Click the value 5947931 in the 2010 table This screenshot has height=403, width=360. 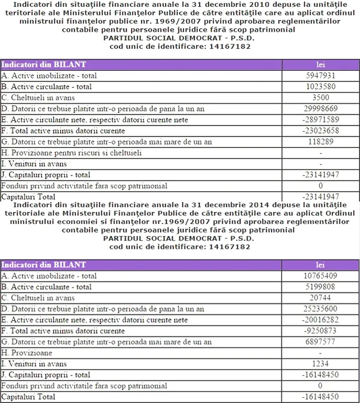(320, 75)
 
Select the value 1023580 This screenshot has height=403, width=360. (320, 86)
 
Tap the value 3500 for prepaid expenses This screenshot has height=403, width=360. (320, 97)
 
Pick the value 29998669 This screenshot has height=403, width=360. (320, 108)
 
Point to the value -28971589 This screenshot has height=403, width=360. (320, 119)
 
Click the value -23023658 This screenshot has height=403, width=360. (320, 131)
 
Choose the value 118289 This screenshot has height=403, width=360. (320, 142)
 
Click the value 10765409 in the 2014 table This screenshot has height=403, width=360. (320, 276)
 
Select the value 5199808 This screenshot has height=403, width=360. (320, 287)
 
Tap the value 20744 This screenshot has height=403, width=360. (320, 298)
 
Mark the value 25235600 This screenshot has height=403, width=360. (320, 309)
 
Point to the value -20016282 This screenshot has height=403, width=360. (320, 320)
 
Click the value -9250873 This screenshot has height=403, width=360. (320, 331)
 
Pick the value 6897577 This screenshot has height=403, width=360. (320, 342)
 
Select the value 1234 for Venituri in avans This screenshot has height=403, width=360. (320, 364)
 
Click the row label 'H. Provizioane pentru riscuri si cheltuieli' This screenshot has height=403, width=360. (72, 153)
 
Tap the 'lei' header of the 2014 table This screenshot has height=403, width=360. (320, 265)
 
